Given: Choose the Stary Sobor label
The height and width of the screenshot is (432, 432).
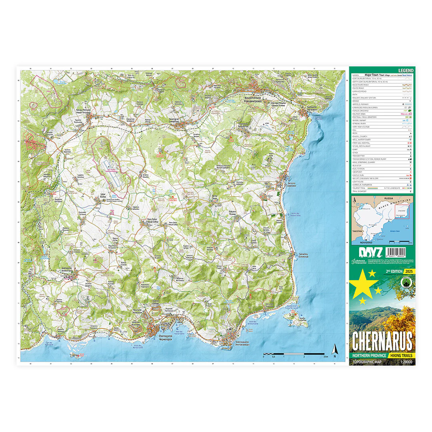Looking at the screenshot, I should (x=153, y=220).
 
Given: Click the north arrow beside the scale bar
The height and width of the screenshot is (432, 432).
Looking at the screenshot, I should (x=335, y=349).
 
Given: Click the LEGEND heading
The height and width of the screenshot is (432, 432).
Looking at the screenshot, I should (x=406, y=70).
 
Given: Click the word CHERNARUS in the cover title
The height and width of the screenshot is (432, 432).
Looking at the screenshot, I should (x=382, y=340).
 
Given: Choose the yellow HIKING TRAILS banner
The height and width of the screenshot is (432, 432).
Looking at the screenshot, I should (x=401, y=355).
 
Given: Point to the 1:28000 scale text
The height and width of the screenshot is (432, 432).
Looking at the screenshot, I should (x=405, y=362).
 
